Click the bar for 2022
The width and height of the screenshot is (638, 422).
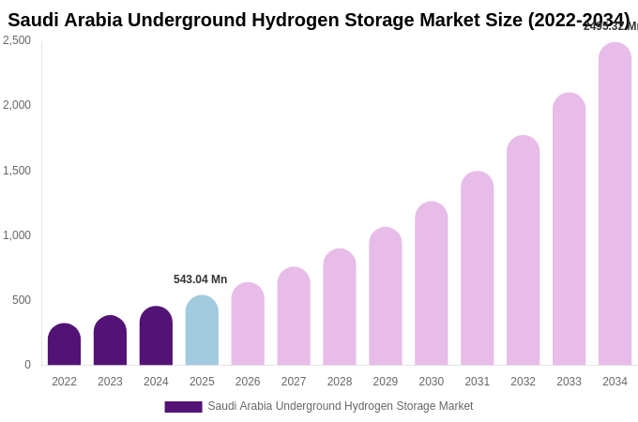(64, 344)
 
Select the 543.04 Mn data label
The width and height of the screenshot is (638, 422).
(200, 279)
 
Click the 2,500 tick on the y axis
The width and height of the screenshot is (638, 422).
(17, 40)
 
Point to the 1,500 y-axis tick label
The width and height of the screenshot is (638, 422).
(17, 171)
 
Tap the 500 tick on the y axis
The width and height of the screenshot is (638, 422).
(21, 300)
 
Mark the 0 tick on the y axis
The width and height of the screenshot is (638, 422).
(27, 365)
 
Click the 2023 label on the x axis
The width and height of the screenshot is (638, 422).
(110, 382)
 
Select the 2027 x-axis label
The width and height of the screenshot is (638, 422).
(294, 382)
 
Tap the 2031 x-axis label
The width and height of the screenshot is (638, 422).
(477, 382)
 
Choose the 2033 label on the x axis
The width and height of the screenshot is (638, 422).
(569, 382)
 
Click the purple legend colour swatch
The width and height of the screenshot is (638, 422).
(183, 407)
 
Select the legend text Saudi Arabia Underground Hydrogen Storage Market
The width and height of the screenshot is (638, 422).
(340, 406)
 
